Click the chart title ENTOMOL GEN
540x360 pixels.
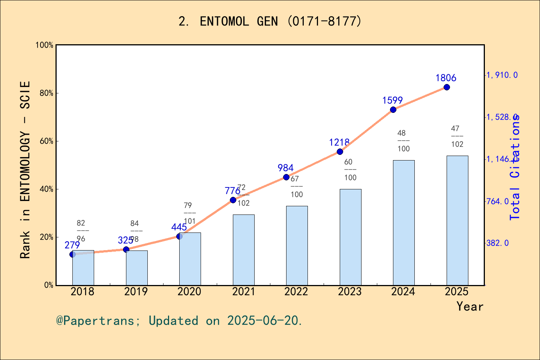[x=270, y=21]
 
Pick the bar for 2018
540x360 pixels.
[x=83, y=268]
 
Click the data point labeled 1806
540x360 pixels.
[x=447, y=87]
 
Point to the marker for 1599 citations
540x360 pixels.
[x=393, y=110]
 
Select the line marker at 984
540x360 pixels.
[x=286, y=177]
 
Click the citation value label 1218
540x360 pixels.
[x=339, y=142]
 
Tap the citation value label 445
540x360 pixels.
[x=179, y=227]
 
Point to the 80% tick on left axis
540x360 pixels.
[x=46, y=93]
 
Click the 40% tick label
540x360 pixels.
[x=46, y=189]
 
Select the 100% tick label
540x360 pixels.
[x=45, y=45]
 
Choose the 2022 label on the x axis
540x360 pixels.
[x=296, y=291]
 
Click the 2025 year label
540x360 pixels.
[x=456, y=291]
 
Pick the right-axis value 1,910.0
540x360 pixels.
[x=502, y=75]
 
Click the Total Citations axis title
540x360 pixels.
[x=515, y=167]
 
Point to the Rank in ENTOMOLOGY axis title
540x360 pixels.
[x=25, y=169]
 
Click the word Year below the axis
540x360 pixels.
[x=469, y=306]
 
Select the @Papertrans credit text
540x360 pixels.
[x=179, y=321]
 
